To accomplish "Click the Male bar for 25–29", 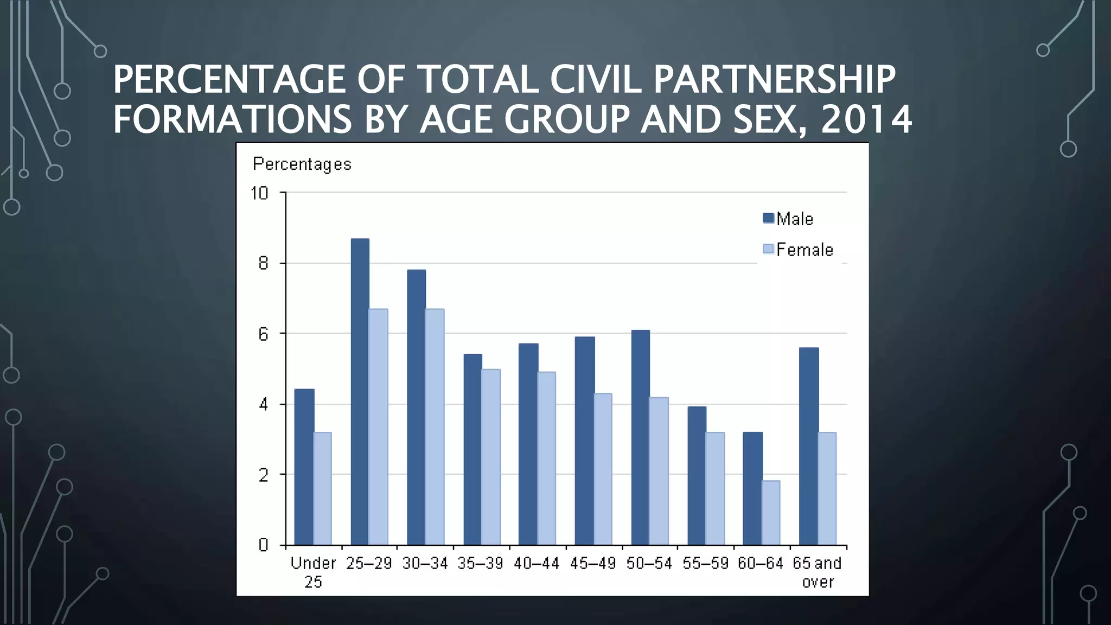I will (x=360, y=392).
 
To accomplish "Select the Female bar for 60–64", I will (x=771, y=513).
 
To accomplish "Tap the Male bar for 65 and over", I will (x=809, y=446).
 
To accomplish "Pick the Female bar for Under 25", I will (x=322, y=488).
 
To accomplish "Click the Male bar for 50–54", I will (x=640, y=437).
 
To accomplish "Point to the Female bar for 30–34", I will (x=435, y=426).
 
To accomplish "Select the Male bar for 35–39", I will (x=473, y=449).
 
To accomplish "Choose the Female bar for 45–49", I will (x=603, y=469).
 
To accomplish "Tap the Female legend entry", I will (x=798, y=250).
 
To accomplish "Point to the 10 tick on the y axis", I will (x=259, y=193).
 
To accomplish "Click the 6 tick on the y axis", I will (x=264, y=334).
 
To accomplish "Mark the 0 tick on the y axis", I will (x=264, y=545).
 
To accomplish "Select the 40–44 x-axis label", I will (x=536, y=564).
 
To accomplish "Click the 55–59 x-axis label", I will (x=705, y=564).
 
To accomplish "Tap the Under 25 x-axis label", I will (x=313, y=572).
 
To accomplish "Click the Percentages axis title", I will (x=302, y=164).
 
